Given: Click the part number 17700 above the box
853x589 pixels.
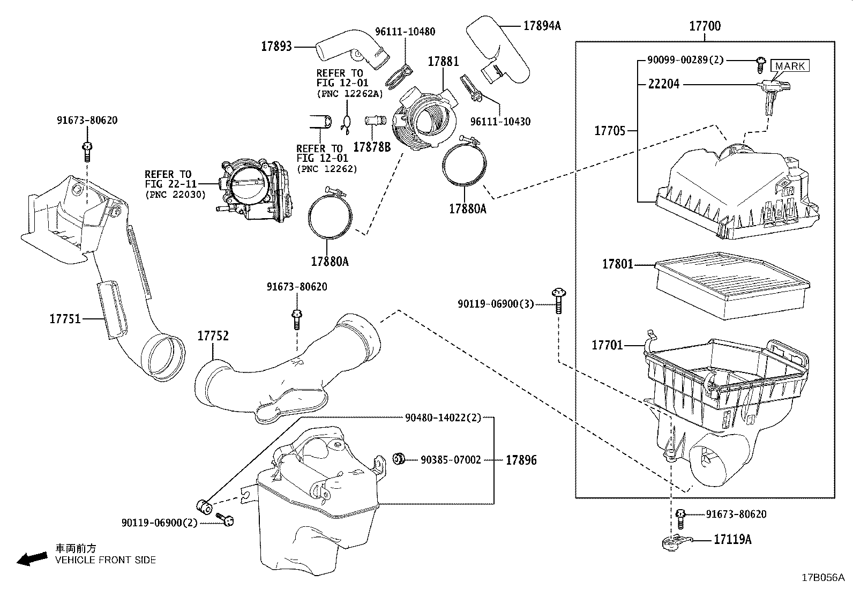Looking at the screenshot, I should [705, 26].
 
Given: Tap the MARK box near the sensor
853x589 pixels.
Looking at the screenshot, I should [790, 66].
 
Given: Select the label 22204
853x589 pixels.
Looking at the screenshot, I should [663, 84].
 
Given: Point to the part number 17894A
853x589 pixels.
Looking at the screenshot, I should [542, 25].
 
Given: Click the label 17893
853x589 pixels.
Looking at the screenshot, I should [276, 46].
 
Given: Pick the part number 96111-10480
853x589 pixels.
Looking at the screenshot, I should [405, 31].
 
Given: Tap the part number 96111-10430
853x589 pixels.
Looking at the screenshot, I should [500, 122].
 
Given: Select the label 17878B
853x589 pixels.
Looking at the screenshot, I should [372, 146].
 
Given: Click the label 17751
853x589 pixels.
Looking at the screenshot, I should [65, 319].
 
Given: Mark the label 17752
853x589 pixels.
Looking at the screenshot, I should [213, 336].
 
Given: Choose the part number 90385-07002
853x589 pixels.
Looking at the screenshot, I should [451, 460].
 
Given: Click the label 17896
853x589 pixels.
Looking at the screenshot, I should [521, 460].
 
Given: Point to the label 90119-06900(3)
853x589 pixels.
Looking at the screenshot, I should [496, 304].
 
